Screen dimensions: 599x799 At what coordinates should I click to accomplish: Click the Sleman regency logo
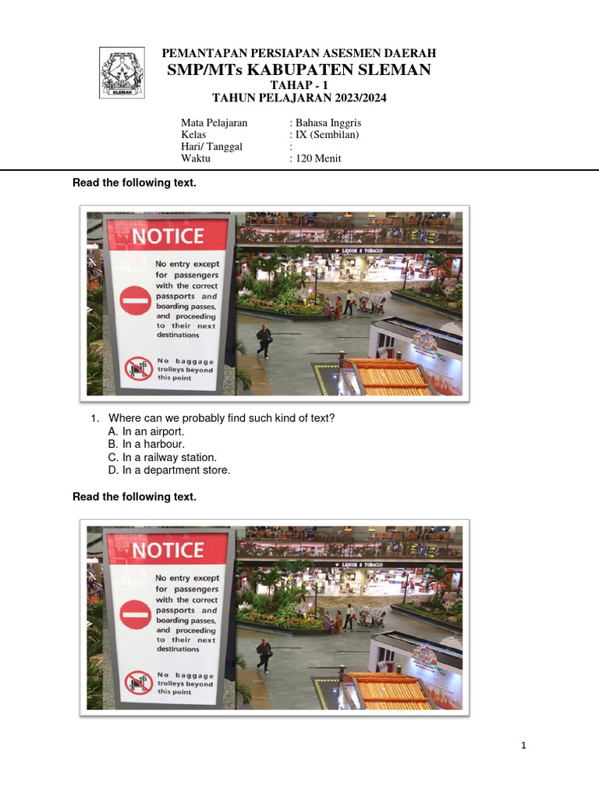pos(122,73)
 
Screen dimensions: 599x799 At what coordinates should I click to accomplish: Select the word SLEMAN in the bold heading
pos(395,69)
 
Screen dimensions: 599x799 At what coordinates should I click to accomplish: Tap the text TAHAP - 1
pos(299,85)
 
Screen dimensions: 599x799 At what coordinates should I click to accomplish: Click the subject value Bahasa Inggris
pos(328,123)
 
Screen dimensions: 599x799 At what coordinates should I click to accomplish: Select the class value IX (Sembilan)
pos(327,134)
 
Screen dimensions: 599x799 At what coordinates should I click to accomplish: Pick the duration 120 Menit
pos(318,158)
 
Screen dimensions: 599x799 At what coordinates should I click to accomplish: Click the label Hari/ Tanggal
pos(211,147)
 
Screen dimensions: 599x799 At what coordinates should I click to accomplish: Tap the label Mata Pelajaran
pos(214,123)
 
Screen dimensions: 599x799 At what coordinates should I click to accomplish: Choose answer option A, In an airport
pos(146,431)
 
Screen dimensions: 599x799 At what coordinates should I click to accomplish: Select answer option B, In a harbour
pos(146,444)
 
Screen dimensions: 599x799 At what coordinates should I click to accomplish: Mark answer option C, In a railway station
pos(162,457)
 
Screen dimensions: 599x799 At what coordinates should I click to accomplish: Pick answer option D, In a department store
pos(169,471)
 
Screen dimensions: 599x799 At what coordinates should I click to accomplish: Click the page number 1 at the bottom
pos(523,745)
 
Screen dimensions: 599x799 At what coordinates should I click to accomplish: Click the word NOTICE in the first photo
pos(168,236)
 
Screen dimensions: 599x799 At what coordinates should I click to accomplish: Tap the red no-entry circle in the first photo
pos(136,300)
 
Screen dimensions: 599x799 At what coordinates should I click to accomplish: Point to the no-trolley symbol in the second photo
pos(139,683)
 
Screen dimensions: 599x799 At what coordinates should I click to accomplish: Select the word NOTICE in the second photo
pos(168,550)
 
